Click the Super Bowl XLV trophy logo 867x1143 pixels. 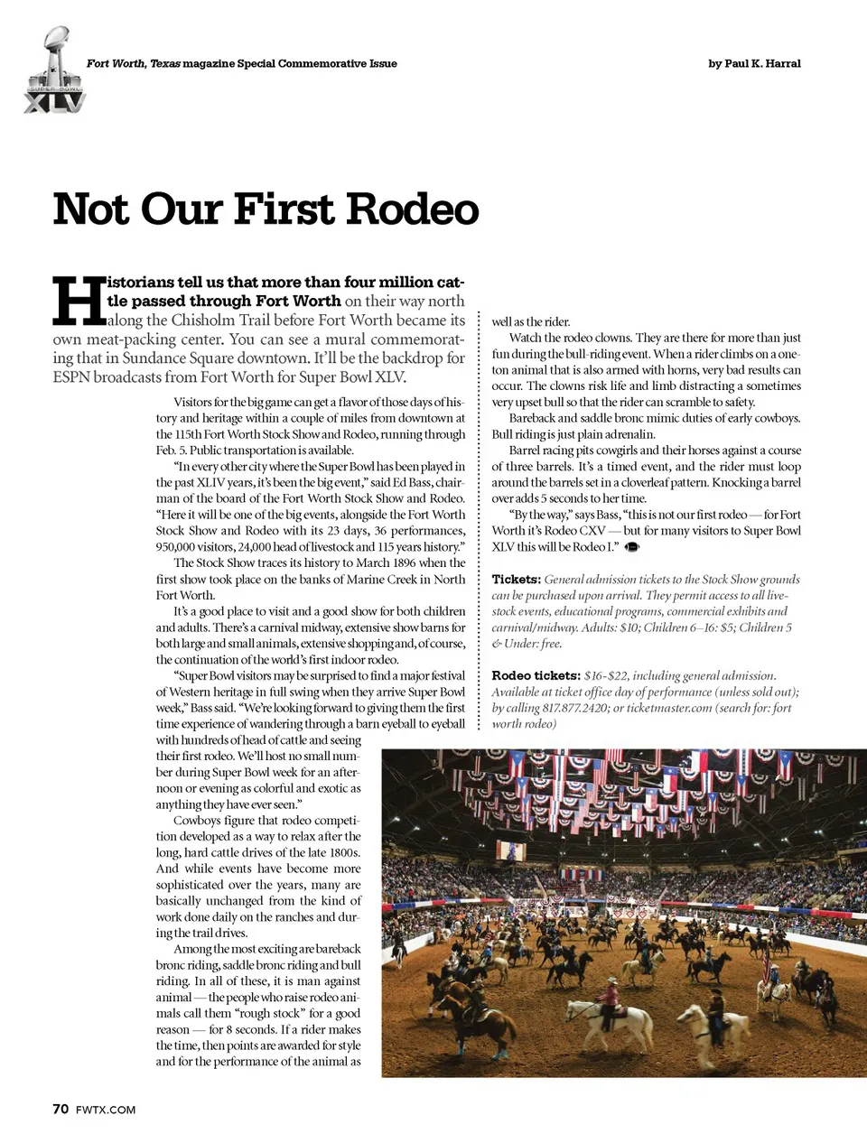[53, 71]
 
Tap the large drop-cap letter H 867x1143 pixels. [79, 301]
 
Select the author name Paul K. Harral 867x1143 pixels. [761, 63]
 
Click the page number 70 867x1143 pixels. [61, 1109]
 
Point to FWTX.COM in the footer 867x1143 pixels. [106, 1110]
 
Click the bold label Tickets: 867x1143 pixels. [516, 580]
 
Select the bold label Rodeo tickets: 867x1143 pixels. [536, 675]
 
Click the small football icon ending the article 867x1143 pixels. [632, 547]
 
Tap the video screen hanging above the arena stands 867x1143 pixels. [514, 850]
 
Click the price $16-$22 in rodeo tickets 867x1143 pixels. [605, 675]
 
